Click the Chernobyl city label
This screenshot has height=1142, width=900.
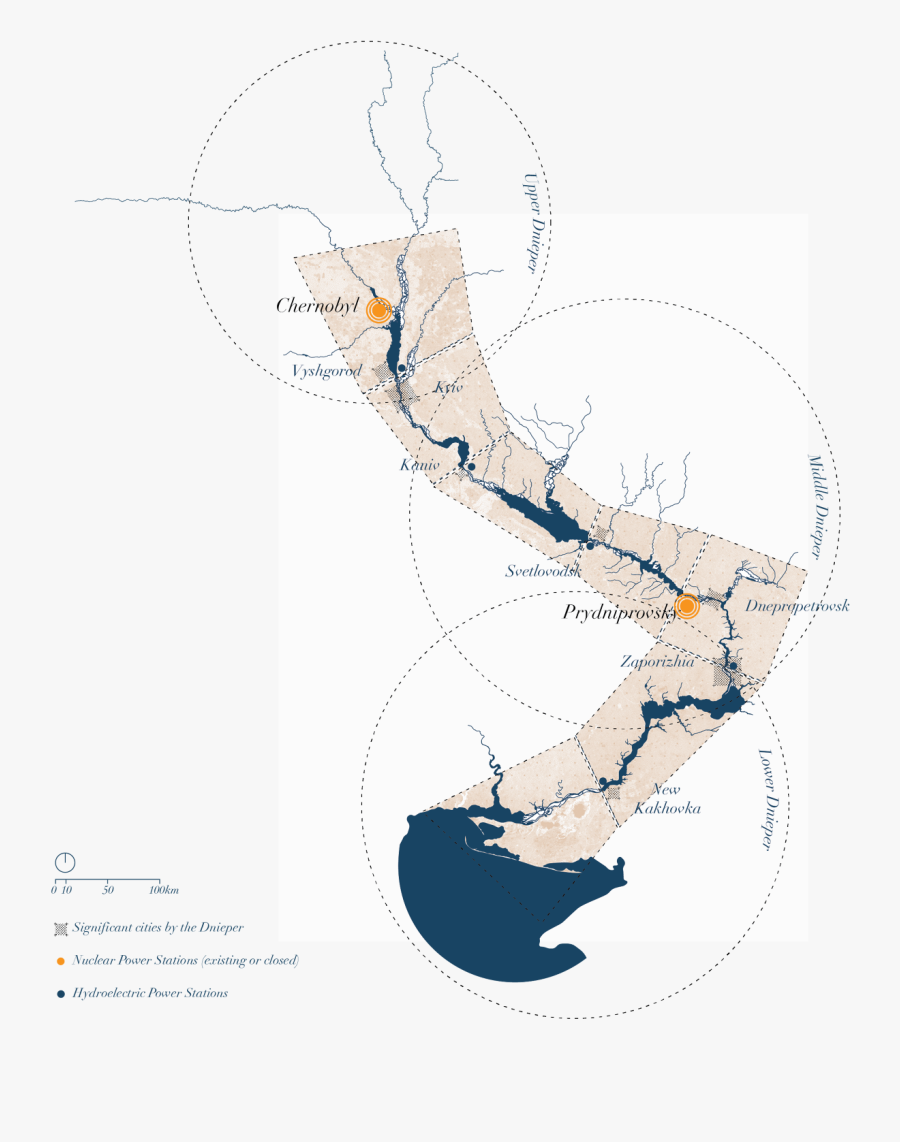tap(317, 306)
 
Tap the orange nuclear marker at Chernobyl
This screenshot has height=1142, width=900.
tap(378, 310)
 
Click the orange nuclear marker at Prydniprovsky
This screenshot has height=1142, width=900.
tap(687, 605)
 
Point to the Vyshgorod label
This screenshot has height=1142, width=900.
tap(326, 371)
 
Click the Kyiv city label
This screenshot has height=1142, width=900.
tap(450, 387)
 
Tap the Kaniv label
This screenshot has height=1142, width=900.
tap(420, 466)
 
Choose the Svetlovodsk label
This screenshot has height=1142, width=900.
tap(543, 571)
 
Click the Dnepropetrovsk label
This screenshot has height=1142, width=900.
tap(797, 606)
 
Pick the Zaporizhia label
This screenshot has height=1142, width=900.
tap(657, 661)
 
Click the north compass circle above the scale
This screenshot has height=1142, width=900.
tap(64, 861)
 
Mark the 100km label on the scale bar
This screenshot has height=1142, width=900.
tap(163, 890)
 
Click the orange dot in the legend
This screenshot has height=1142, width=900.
tap(61, 961)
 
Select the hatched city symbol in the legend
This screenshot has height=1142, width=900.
tap(61, 928)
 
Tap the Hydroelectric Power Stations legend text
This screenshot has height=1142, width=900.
tap(150, 993)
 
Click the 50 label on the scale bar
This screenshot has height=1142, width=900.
tap(108, 890)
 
